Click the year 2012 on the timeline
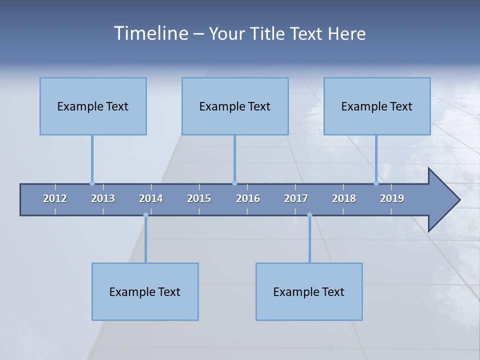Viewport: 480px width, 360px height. (x=55, y=198)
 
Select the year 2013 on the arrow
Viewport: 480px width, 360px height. (x=103, y=198)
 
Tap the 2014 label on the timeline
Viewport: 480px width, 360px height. (x=151, y=198)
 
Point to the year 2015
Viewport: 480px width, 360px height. (x=199, y=198)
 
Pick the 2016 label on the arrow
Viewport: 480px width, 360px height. (x=248, y=198)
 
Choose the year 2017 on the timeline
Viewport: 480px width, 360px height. (x=296, y=198)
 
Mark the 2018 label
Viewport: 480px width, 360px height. (x=344, y=198)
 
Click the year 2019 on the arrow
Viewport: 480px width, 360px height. (x=392, y=198)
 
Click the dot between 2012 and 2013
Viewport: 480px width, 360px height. (x=92, y=183)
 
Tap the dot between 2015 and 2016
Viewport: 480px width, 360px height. (x=234, y=183)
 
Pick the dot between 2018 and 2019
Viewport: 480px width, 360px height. (x=376, y=183)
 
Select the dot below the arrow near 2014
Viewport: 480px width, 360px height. (x=145, y=215)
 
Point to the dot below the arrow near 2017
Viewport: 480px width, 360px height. (x=309, y=215)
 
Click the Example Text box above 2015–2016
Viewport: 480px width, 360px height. (x=235, y=106)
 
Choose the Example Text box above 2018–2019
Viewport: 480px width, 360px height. (x=377, y=106)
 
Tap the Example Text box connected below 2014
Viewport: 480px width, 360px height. (x=145, y=291)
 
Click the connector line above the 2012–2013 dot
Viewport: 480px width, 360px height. (x=92, y=157)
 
